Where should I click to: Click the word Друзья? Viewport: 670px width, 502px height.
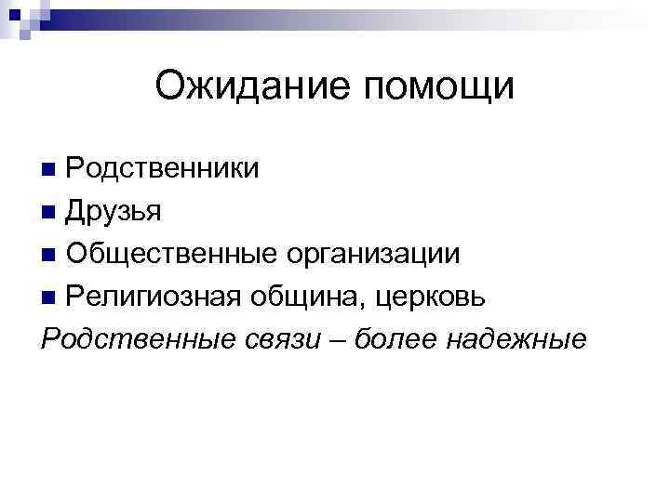[114, 211]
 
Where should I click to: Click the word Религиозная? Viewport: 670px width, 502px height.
[153, 297]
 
